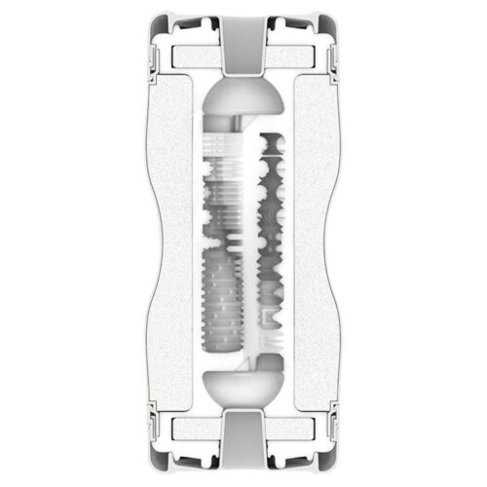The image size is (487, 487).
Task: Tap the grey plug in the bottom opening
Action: click(x=243, y=451)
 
